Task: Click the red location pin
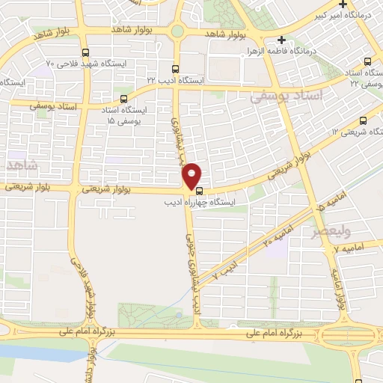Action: pos(192,175)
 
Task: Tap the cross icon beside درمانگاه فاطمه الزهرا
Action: pos(281,40)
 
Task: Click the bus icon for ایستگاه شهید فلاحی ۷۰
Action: pos(85,53)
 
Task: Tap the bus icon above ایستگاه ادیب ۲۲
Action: pos(174,67)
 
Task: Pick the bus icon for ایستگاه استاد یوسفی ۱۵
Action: pos(123,97)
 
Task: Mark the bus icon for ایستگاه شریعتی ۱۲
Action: pos(363,119)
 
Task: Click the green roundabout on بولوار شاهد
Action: pos(177,31)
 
